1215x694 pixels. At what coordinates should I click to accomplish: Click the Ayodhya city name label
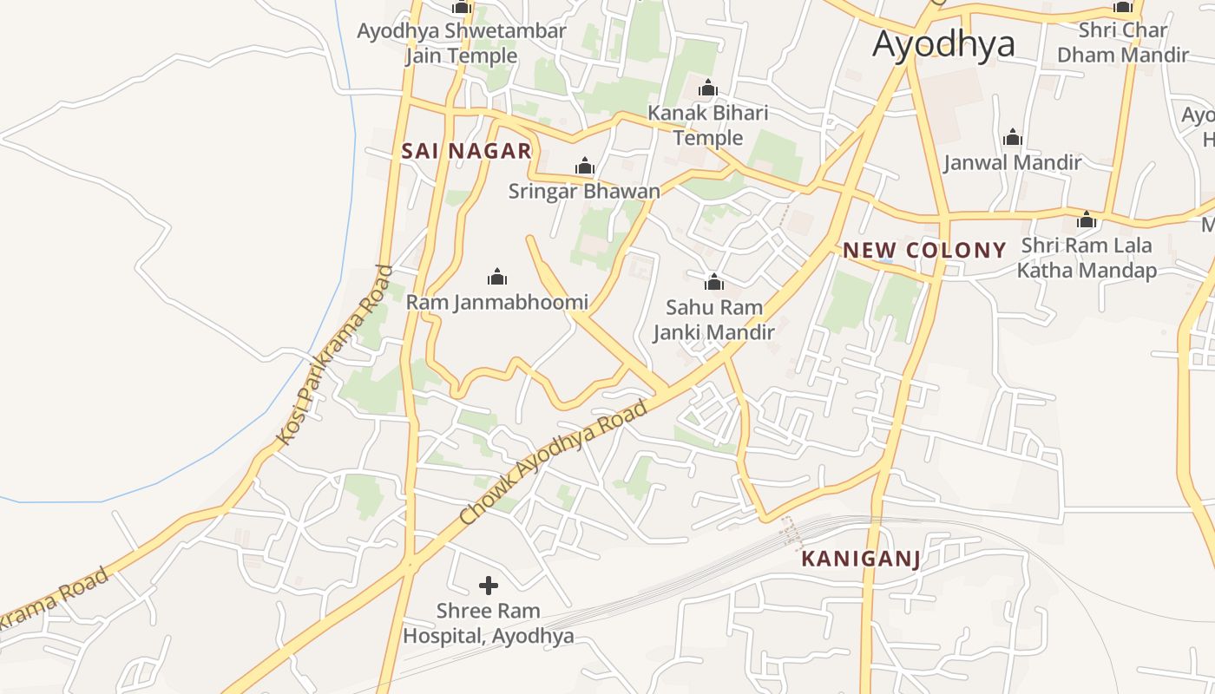[943, 43]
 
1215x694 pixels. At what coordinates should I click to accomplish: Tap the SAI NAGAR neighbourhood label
[466, 151]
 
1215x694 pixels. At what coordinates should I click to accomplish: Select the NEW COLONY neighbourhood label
[924, 251]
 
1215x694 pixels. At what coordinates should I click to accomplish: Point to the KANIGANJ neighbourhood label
[860, 559]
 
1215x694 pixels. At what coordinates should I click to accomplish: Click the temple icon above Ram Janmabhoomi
[497, 277]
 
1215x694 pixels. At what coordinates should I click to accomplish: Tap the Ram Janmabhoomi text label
[497, 303]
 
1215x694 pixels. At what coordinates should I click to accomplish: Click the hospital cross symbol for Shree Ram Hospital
[489, 586]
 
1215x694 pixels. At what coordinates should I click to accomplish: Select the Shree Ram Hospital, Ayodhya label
[489, 623]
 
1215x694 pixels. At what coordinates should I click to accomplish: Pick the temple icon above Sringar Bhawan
[584, 166]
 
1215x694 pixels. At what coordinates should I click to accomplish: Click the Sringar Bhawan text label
[584, 191]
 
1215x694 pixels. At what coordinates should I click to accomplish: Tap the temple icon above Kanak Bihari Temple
[708, 88]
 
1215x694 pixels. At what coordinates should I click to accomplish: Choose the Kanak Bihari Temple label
[708, 126]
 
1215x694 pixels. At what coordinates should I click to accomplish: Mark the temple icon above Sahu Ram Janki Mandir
[714, 282]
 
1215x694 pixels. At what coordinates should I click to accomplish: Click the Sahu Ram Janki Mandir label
[714, 319]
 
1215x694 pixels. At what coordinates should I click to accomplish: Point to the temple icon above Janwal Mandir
[1012, 137]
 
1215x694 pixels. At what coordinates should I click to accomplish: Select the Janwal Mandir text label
[1012, 162]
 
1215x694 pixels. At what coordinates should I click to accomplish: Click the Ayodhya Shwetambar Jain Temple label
[462, 43]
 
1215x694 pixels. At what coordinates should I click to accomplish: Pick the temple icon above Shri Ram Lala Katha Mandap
[1086, 220]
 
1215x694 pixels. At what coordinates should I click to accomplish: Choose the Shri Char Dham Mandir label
[1123, 43]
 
